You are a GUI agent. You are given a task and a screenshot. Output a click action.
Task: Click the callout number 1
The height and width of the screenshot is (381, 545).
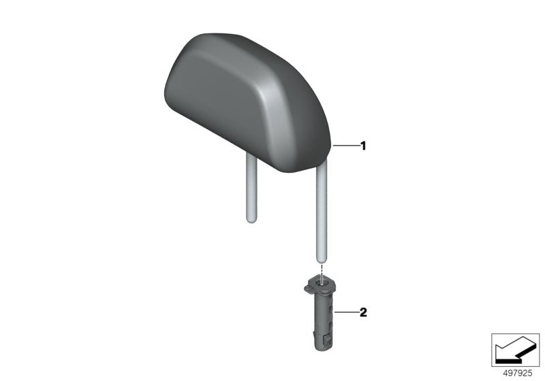click(363, 146)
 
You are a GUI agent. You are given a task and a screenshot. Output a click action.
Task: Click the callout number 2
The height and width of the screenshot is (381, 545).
click(363, 313)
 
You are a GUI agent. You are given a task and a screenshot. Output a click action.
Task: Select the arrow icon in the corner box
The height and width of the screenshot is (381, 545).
click(516, 349)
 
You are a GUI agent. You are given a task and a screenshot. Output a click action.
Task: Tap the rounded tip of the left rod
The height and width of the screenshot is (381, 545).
click(250, 218)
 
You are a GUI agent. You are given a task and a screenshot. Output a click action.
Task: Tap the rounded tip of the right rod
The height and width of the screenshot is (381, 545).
click(322, 257)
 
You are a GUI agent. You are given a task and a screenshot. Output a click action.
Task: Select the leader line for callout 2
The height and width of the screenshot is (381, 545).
click(346, 313)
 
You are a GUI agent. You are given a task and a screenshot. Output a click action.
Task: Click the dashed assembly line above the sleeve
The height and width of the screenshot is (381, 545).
click(322, 268)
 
